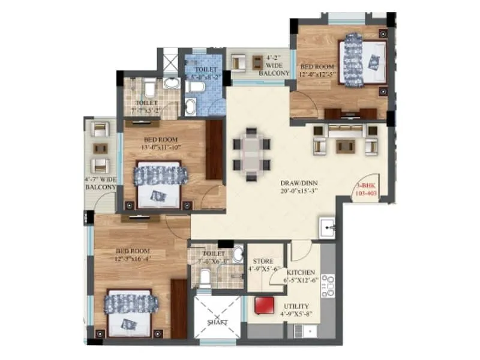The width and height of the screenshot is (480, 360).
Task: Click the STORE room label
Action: tap(262, 262)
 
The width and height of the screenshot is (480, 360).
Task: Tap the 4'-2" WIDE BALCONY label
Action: tap(273, 65)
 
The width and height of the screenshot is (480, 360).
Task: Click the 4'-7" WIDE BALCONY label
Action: tap(100, 182)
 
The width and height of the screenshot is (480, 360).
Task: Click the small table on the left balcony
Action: tap(100, 147)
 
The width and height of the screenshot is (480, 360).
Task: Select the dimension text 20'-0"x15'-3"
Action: tap(298, 191)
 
